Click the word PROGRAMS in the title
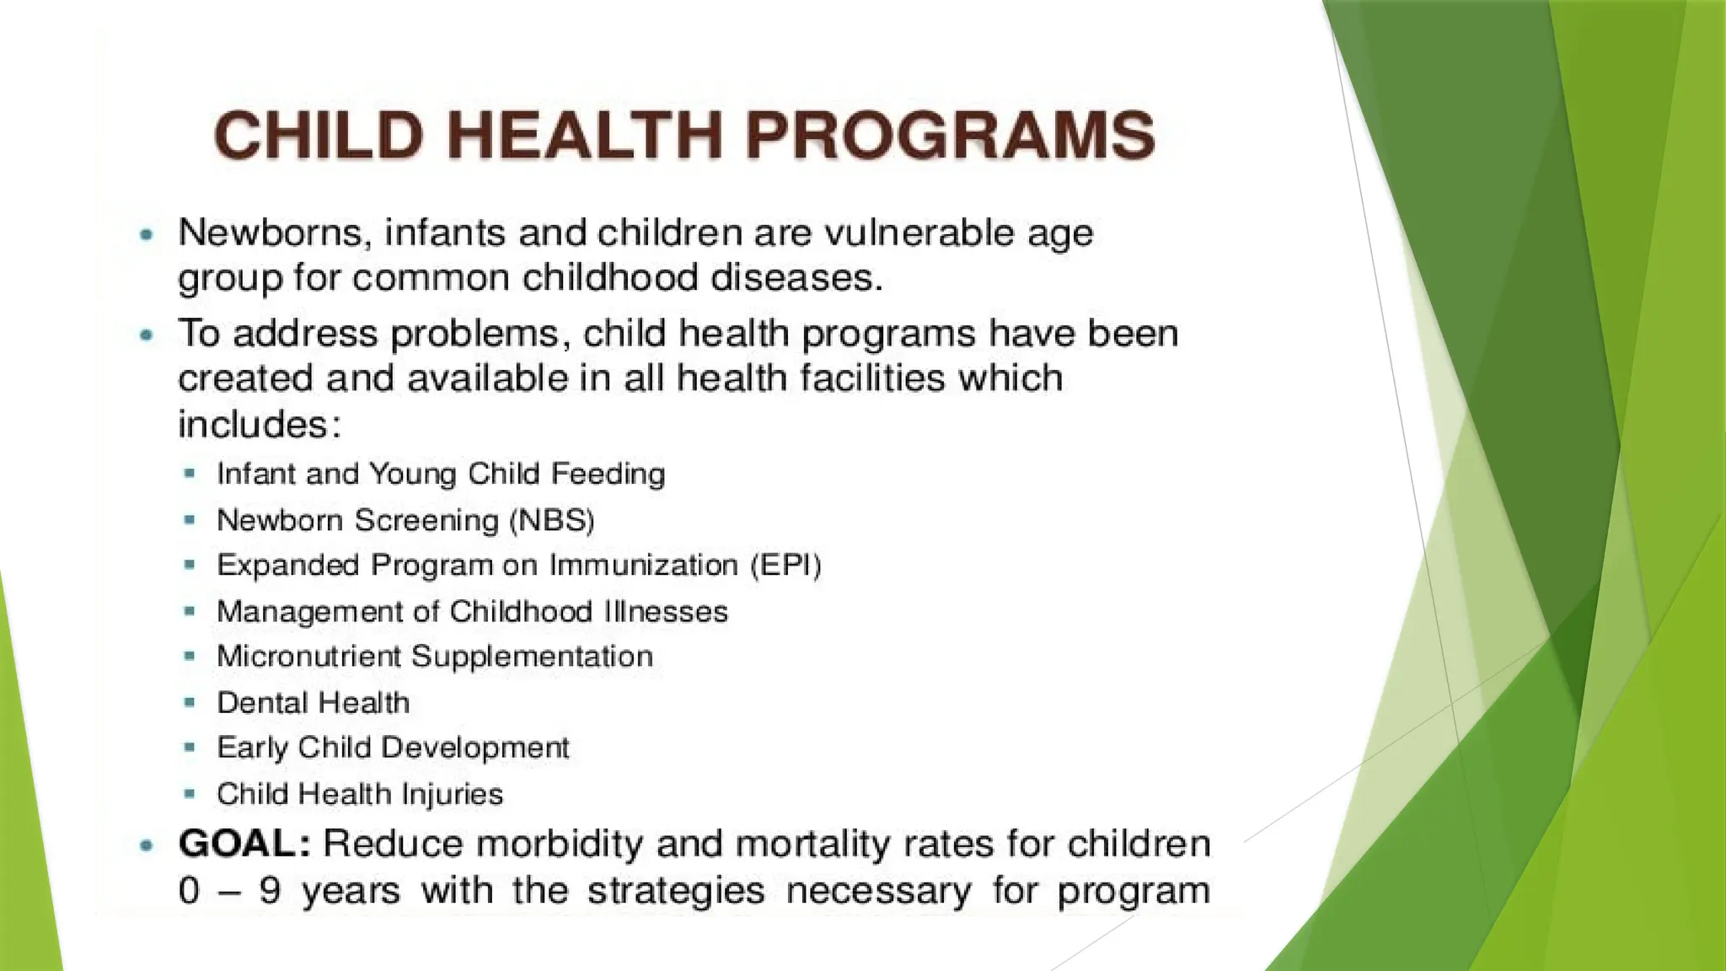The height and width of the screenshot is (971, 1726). pyautogui.click(x=950, y=136)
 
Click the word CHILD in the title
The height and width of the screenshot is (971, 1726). pyautogui.click(x=318, y=136)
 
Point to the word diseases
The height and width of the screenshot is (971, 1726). pyautogui.click(x=796, y=278)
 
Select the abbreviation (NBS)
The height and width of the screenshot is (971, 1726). pyautogui.click(x=552, y=520)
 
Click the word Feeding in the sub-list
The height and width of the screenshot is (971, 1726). pyautogui.click(x=608, y=474)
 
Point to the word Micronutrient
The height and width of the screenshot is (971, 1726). pyautogui.click(x=308, y=657)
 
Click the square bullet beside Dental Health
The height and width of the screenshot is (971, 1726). pyautogui.click(x=190, y=701)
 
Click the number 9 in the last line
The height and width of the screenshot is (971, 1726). pyautogui.click(x=270, y=891)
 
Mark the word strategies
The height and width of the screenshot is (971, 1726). pyautogui.click(x=676, y=891)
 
